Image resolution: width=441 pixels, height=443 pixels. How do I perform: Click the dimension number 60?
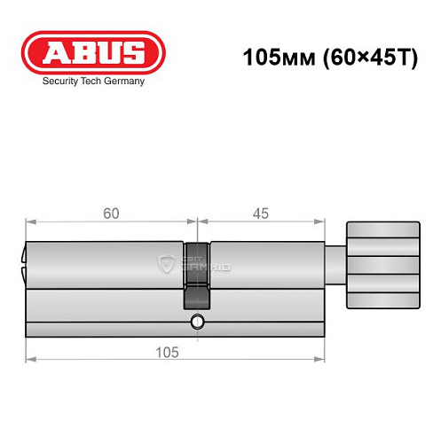click(111, 214)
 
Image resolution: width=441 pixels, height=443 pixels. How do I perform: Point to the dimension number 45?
click(260, 214)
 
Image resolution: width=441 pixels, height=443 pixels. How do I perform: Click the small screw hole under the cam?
click(199, 321)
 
